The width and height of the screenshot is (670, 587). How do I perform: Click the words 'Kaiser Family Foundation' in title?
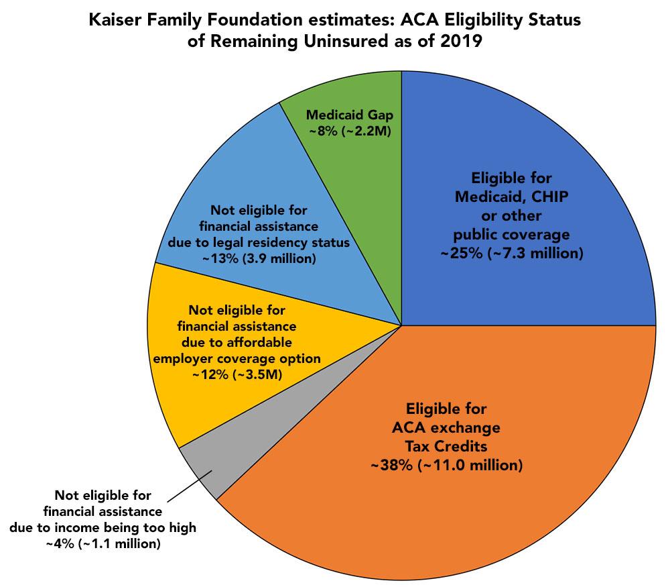point(176,21)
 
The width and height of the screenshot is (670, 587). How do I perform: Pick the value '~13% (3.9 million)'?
point(263,258)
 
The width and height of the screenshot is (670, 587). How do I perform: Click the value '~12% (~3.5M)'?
point(237,374)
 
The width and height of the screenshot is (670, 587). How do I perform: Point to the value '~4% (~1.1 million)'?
point(103,543)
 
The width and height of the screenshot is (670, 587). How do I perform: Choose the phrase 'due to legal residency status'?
point(263,242)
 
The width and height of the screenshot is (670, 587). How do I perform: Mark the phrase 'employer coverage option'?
point(237,358)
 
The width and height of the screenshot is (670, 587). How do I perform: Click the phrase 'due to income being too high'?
point(103,527)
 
